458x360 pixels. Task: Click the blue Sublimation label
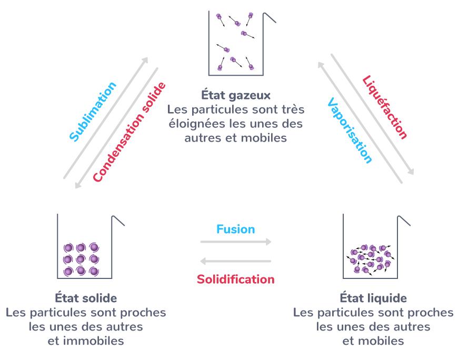pyautogui.click(x=93, y=112)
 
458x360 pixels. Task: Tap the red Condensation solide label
pyautogui.click(x=130, y=132)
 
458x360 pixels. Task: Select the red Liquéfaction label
pyautogui.click(x=384, y=107)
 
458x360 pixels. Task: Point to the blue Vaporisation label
pyautogui.click(x=350, y=130)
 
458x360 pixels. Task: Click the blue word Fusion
pyautogui.click(x=235, y=229)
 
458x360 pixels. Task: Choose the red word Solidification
pyautogui.click(x=235, y=279)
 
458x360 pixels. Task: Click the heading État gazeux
pyautogui.click(x=236, y=95)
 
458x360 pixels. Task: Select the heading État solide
pyautogui.click(x=86, y=298)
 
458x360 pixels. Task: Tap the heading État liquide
pyautogui.click(x=373, y=298)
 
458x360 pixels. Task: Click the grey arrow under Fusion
pyautogui.click(x=236, y=242)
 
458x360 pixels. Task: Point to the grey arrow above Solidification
pyautogui.click(x=236, y=261)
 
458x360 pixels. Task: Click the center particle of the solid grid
pyautogui.click(x=81, y=259)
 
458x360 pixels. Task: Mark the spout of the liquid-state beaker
pyautogui.click(x=403, y=221)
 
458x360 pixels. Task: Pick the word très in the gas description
pyautogui.click(x=293, y=109)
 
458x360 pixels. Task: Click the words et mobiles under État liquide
pyautogui.click(x=373, y=341)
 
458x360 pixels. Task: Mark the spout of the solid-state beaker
pyautogui.click(x=118, y=221)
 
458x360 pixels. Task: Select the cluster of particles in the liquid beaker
pyautogui.click(x=371, y=259)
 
